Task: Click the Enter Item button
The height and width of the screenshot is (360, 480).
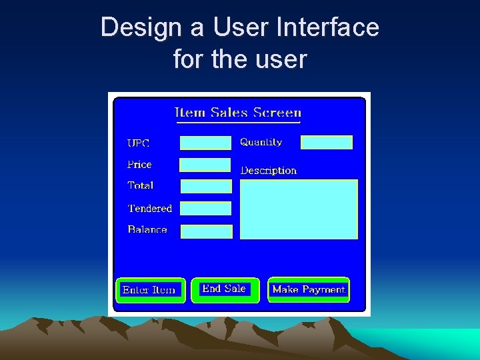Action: (x=150, y=290)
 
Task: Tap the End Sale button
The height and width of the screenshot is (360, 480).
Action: (x=225, y=289)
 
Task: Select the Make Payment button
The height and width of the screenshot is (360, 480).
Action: (x=309, y=290)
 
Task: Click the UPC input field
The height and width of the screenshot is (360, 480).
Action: (x=205, y=143)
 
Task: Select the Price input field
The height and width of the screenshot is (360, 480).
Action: (x=205, y=165)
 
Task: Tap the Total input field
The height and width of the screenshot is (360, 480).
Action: (x=206, y=187)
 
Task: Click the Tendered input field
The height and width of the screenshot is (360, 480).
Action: (x=205, y=209)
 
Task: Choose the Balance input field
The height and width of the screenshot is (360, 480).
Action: (x=207, y=231)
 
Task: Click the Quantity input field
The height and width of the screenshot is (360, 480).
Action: (x=326, y=142)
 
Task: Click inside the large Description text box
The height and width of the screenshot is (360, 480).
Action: (x=299, y=209)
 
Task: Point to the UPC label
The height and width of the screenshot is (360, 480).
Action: (x=139, y=143)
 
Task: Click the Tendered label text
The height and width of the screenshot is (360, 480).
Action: (x=150, y=209)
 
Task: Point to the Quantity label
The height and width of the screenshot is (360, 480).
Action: (x=261, y=142)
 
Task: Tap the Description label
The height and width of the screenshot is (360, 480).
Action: (x=268, y=171)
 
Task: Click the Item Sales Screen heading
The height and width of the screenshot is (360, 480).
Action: (x=238, y=113)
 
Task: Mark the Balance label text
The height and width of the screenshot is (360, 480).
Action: (x=147, y=229)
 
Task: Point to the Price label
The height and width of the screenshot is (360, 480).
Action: (x=139, y=165)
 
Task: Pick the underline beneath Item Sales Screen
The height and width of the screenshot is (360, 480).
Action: (x=238, y=123)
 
